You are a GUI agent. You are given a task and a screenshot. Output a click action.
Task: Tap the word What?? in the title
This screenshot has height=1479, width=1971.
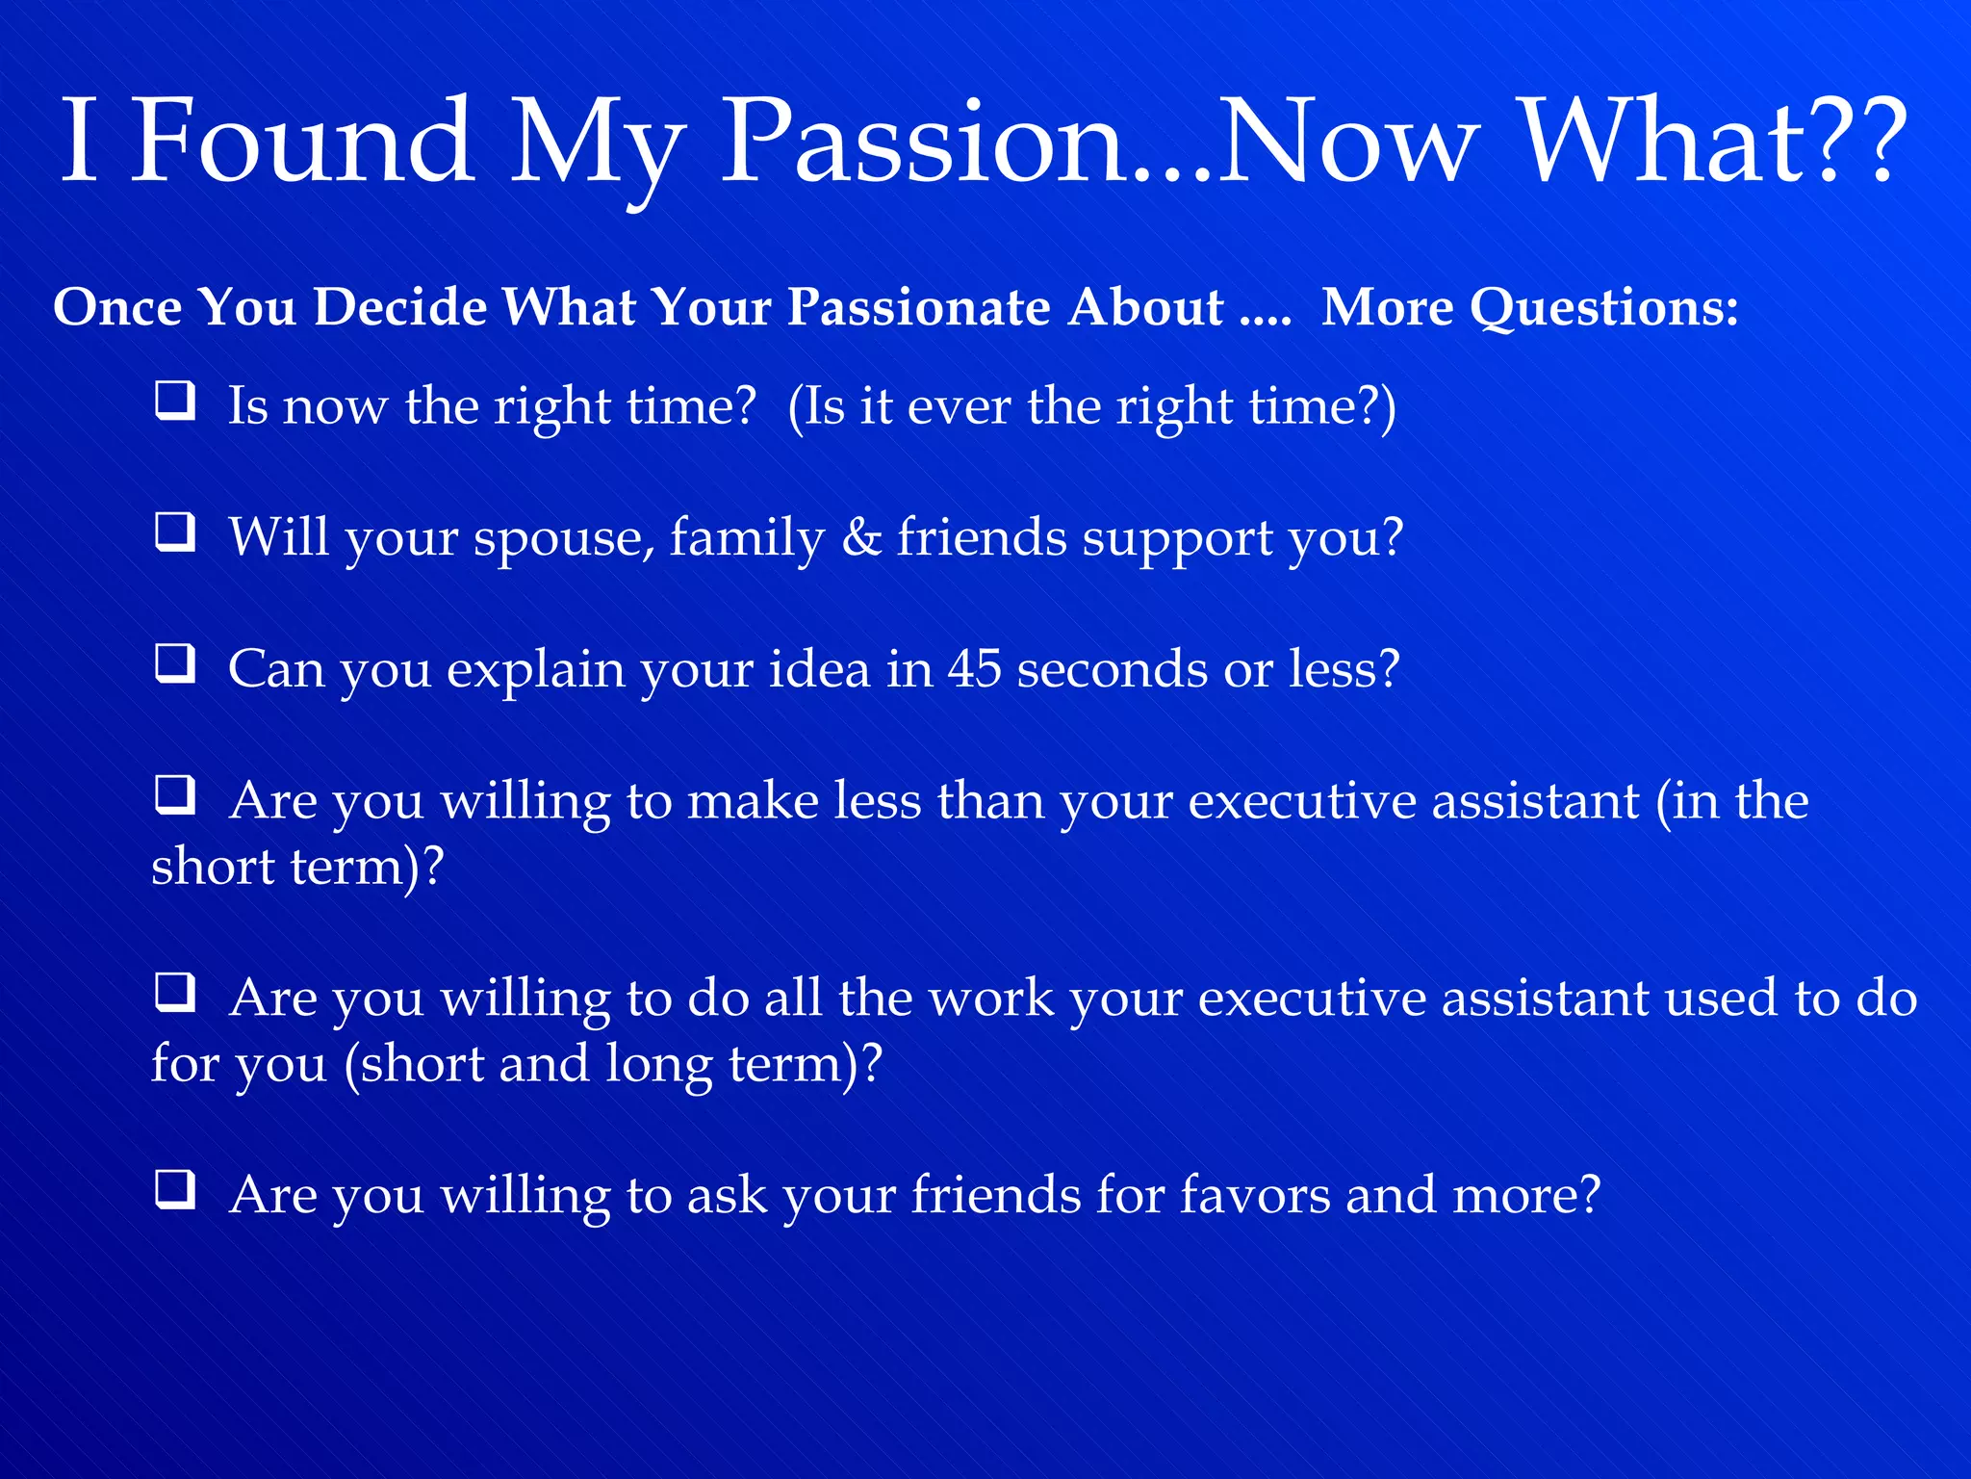(x=1714, y=142)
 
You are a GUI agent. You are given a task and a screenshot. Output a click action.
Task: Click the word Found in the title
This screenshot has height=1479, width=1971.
(x=301, y=142)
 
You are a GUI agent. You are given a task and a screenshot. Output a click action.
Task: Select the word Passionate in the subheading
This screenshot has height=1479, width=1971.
(x=919, y=308)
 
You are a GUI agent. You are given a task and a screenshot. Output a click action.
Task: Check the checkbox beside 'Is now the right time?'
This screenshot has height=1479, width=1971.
(x=175, y=401)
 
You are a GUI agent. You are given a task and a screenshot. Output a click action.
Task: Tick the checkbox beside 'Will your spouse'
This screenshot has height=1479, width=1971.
(x=175, y=532)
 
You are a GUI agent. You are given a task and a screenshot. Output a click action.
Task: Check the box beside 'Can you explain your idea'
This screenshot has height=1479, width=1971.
(x=175, y=663)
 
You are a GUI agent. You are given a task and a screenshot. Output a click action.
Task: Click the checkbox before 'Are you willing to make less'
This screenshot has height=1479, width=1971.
(x=175, y=795)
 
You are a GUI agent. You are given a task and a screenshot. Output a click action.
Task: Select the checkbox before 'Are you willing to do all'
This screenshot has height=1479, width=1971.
(x=175, y=993)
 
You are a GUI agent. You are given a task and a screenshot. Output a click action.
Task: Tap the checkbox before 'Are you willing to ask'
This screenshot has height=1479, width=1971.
(x=175, y=1190)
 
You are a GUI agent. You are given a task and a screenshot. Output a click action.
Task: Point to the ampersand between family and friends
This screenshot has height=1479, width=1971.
(x=861, y=536)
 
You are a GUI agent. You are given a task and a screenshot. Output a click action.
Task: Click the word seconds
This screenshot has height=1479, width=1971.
(x=1113, y=668)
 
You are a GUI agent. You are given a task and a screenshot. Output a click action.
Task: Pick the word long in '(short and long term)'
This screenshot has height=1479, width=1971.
(x=658, y=1065)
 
